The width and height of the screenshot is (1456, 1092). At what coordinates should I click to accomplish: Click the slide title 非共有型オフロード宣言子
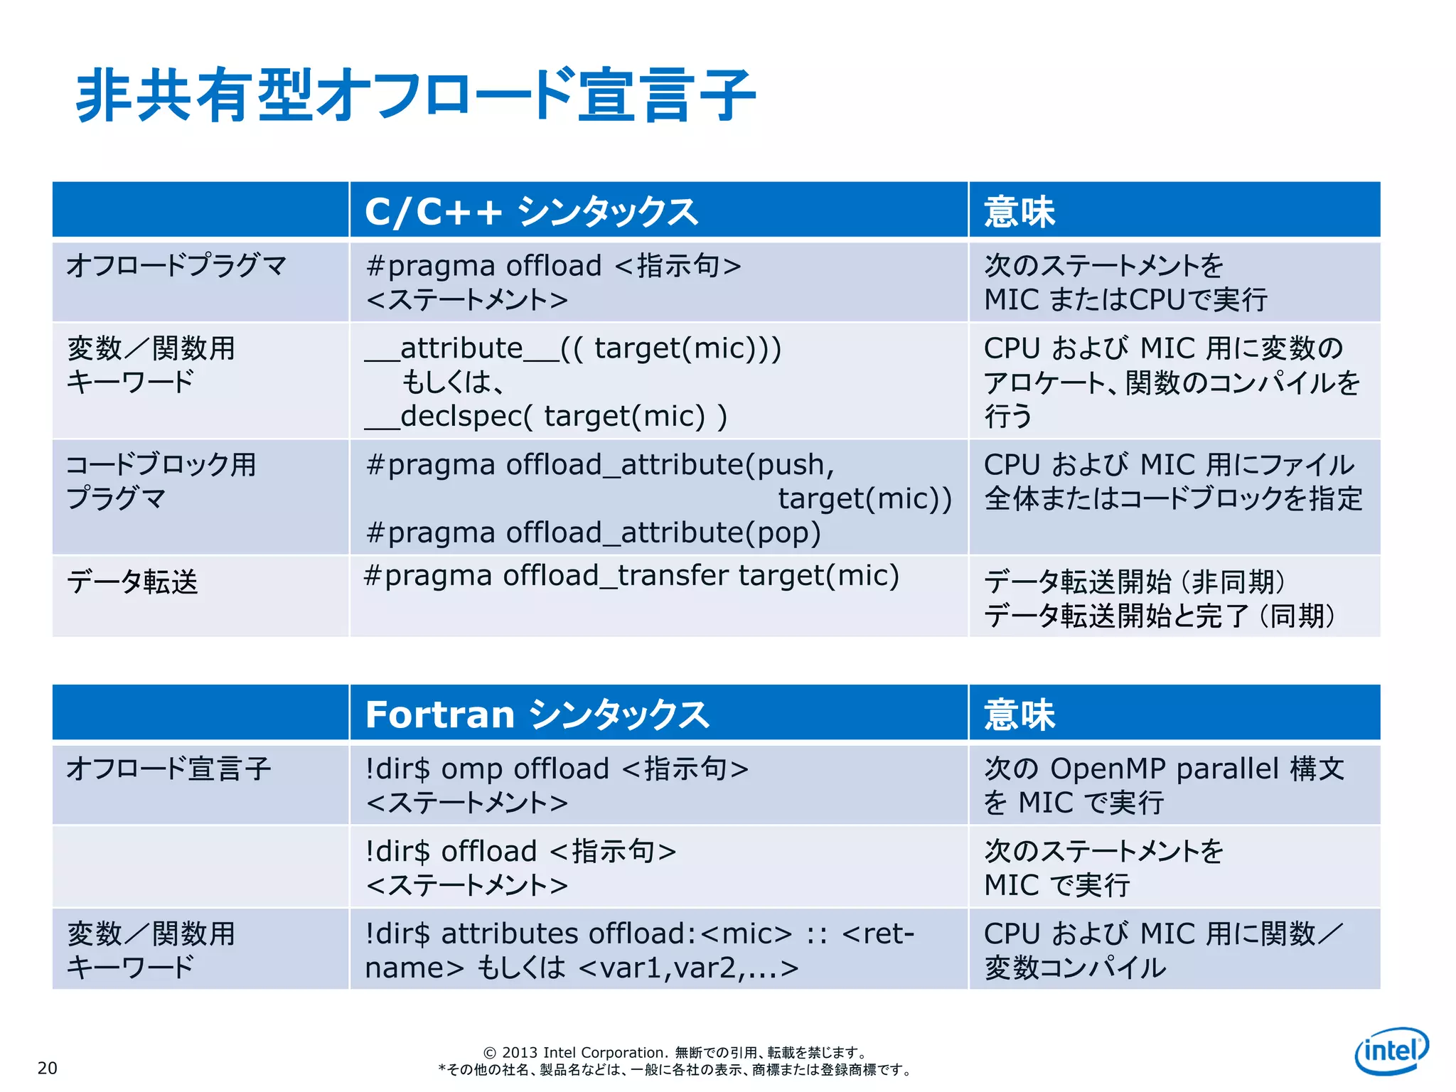415,95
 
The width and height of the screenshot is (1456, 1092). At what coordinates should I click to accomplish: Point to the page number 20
48,1068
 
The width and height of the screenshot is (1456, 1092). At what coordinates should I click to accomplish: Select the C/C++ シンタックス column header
531,212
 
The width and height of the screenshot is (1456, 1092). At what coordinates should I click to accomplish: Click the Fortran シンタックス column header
537,714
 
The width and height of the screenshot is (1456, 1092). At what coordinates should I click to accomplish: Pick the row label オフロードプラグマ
176,266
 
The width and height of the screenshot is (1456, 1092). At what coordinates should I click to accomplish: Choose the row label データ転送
132,582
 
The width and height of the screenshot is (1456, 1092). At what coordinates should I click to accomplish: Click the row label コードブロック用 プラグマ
161,481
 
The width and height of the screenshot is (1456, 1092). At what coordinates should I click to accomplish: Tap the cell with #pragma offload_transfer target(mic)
631,576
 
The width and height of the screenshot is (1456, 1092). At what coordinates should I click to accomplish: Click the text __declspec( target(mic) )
546,417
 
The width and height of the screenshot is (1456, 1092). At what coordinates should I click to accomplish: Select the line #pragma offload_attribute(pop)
593,532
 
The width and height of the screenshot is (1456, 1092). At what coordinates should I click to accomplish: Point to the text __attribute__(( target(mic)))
573,348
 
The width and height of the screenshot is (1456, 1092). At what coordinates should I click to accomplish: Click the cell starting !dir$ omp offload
557,785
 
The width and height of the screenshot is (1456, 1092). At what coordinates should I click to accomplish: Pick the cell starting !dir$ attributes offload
639,950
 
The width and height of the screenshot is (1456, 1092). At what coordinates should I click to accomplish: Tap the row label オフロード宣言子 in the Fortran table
169,769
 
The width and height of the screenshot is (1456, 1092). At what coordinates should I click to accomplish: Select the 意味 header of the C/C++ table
1019,212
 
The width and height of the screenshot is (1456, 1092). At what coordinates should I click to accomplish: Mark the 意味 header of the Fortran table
1019,714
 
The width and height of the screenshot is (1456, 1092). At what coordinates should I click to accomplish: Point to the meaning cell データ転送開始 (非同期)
1135,582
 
